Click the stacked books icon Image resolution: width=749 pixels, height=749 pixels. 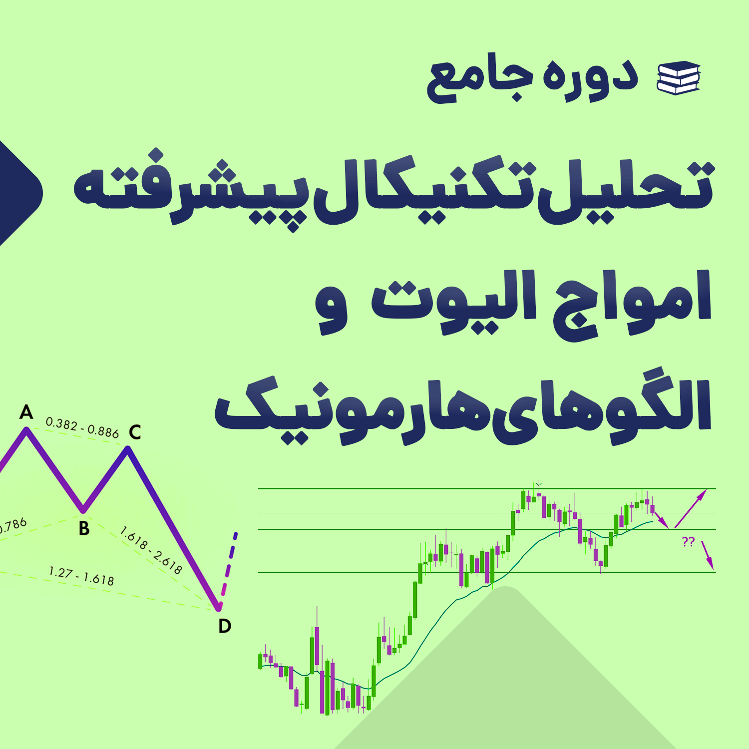pyautogui.click(x=679, y=77)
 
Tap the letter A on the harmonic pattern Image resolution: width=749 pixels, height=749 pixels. pyautogui.click(x=26, y=412)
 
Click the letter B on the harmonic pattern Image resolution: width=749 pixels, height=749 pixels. pyautogui.click(x=84, y=528)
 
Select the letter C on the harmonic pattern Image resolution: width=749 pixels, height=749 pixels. pyautogui.click(x=135, y=432)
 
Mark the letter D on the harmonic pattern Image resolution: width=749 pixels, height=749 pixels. pyautogui.click(x=225, y=626)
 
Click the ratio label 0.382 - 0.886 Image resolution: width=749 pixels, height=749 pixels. pyautogui.click(x=82, y=427)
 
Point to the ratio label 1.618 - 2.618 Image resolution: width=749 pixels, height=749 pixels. pyautogui.click(x=151, y=550)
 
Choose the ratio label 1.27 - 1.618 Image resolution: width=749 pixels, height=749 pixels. pyautogui.click(x=81, y=576)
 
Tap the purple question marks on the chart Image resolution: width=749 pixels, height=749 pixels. pyautogui.click(x=688, y=542)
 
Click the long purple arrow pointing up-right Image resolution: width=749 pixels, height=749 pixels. pyautogui.click(x=691, y=508)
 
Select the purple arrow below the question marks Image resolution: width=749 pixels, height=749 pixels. pyautogui.click(x=708, y=555)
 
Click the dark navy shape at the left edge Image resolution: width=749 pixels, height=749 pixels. pyautogui.click(x=20, y=193)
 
